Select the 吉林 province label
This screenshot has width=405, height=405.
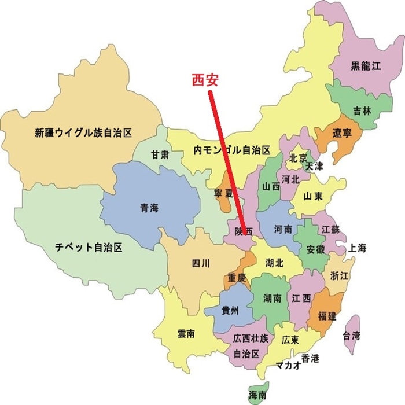point(362,111)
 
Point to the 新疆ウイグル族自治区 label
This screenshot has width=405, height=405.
point(83,132)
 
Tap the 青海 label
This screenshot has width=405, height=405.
point(149,208)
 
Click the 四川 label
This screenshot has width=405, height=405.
point(200,264)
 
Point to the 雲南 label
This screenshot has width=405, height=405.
point(186,334)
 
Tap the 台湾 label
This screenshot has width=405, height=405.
point(352,335)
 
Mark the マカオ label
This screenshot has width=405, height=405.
point(288,365)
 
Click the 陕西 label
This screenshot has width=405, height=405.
point(244,231)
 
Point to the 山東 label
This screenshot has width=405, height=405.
point(314,196)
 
